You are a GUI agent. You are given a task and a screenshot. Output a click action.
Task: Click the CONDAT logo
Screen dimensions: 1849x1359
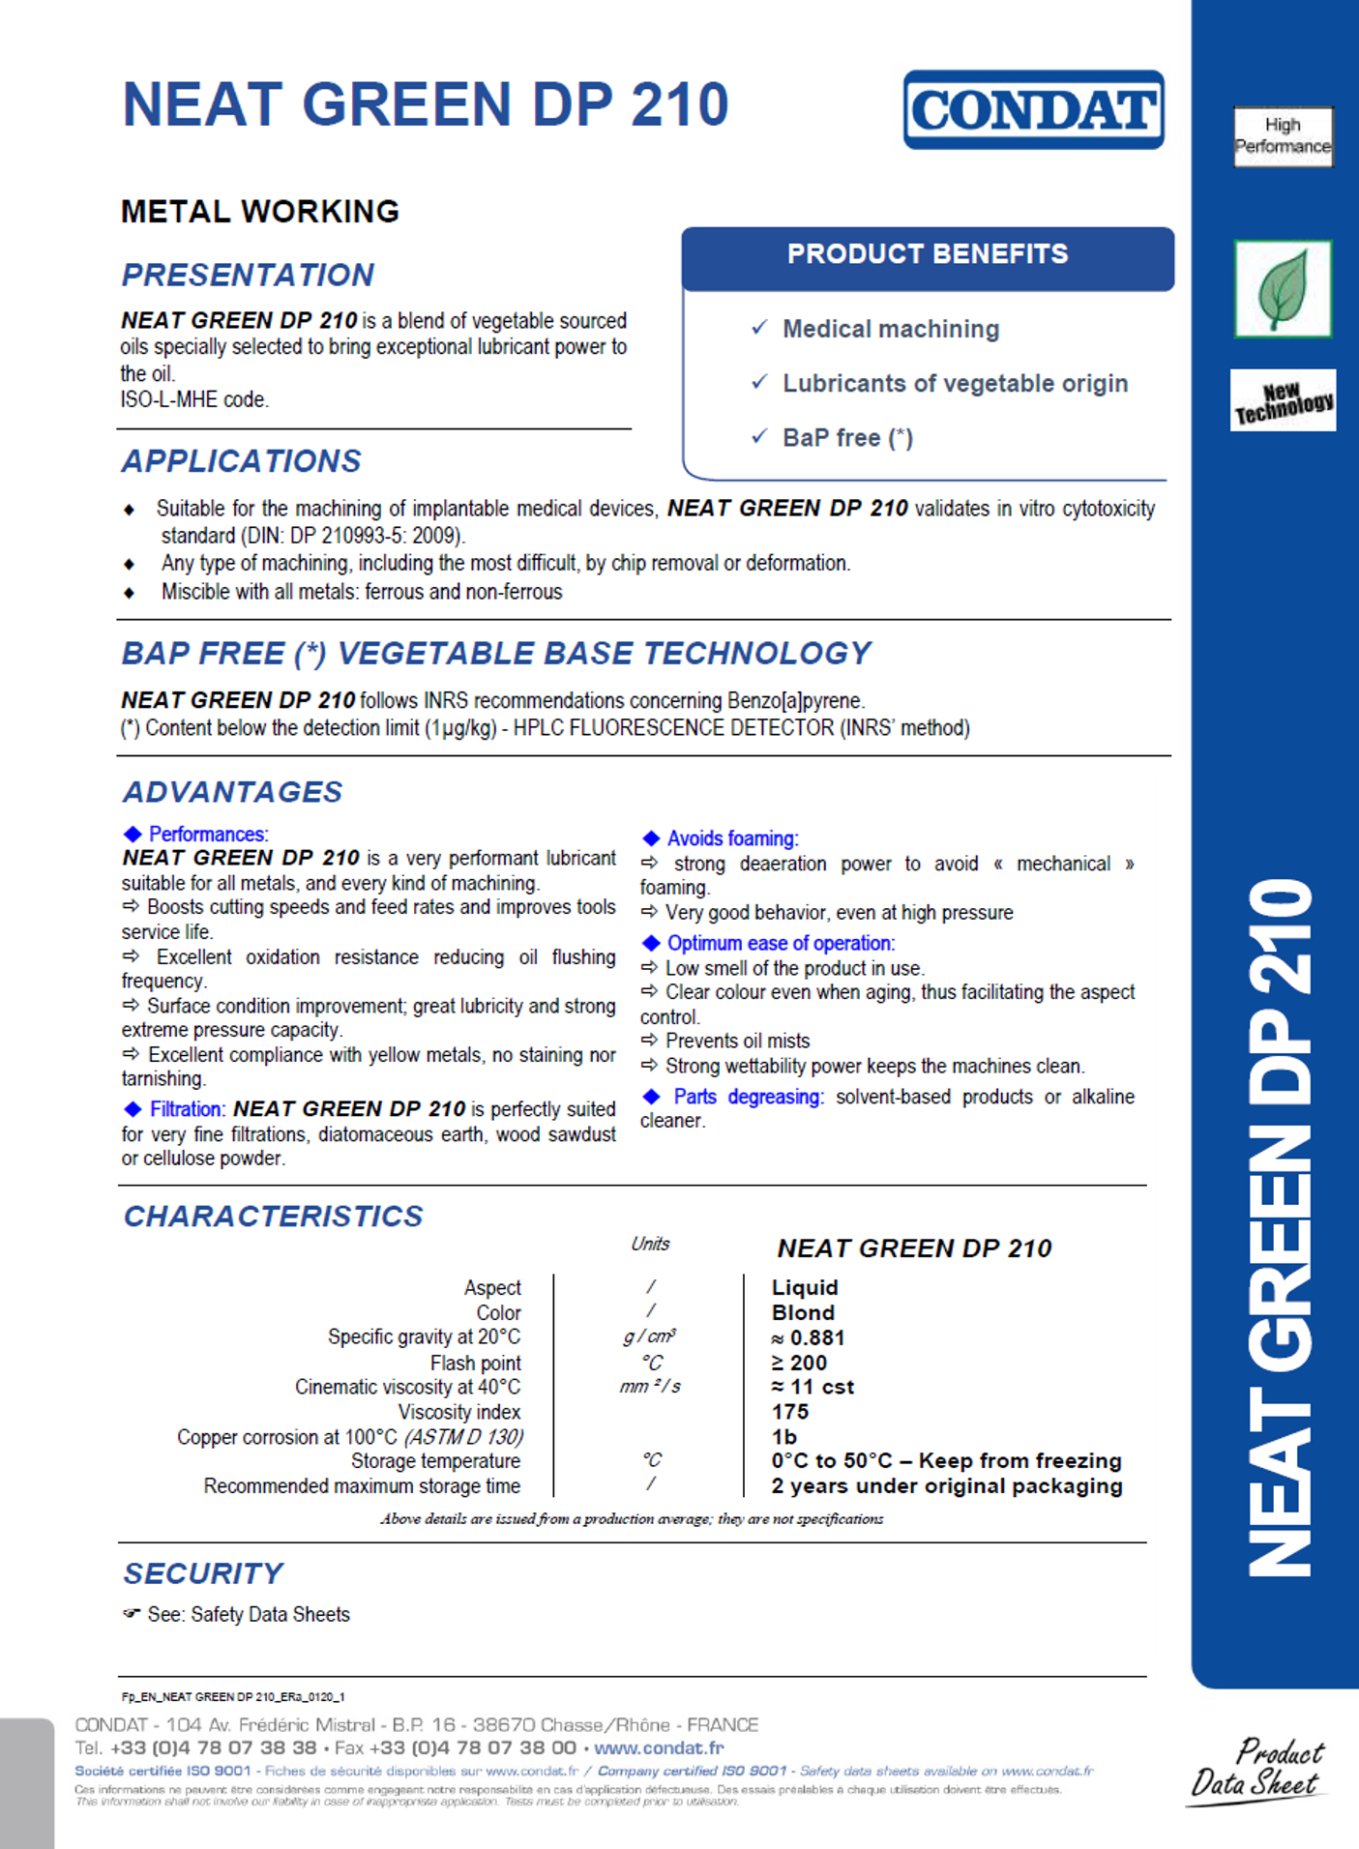[1033, 109]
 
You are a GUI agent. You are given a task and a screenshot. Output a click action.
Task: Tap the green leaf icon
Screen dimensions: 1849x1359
[1283, 288]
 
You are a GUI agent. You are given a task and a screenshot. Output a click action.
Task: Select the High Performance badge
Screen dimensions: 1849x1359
[1283, 136]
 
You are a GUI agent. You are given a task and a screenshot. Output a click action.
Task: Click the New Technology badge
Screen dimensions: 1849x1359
[1283, 400]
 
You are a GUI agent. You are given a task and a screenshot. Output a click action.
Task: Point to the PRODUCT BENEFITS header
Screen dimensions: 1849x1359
[928, 255]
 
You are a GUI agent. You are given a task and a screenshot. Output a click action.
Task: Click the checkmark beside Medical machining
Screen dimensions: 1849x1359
[760, 328]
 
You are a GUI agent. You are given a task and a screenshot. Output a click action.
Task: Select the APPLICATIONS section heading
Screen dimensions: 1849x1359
[242, 461]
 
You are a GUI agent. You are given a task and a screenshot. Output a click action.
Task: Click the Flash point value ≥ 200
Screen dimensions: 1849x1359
[799, 1363]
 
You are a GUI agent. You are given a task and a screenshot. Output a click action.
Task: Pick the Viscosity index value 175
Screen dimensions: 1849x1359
[789, 1412]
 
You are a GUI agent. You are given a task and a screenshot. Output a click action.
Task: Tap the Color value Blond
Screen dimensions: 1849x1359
[803, 1313]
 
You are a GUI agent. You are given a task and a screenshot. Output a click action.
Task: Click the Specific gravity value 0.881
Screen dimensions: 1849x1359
[809, 1337]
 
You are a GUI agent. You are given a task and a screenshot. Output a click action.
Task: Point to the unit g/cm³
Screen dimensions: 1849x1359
[650, 1336]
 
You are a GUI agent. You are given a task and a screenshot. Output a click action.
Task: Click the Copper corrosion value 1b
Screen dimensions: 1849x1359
[784, 1437]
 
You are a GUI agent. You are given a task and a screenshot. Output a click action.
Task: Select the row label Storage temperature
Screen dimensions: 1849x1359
[435, 1461]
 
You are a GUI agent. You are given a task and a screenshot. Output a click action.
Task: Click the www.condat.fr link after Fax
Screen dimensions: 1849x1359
[659, 1748]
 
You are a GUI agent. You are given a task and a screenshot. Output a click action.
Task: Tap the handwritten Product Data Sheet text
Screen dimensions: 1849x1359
[1257, 1768]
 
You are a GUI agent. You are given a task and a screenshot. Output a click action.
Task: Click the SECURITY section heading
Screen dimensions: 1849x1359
[203, 1573]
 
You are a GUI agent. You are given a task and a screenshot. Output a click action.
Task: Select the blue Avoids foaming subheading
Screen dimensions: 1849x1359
[732, 838]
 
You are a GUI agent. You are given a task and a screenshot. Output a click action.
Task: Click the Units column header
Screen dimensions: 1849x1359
[650, 1245]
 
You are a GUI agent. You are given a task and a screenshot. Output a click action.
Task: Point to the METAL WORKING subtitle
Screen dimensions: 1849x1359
[260, 212]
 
